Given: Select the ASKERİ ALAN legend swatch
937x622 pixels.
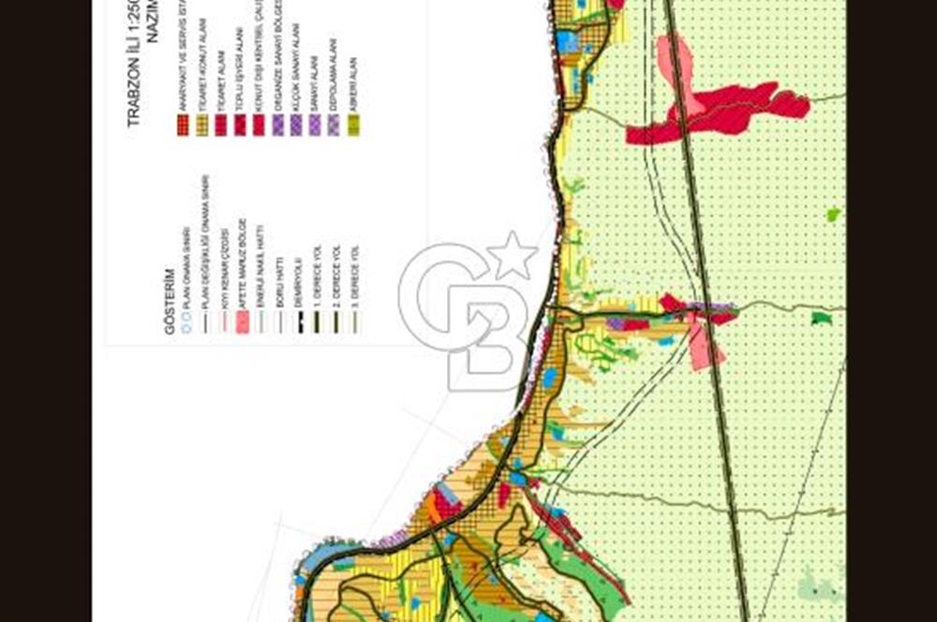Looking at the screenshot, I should (353, 126).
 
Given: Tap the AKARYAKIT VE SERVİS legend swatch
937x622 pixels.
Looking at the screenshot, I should (184, 126).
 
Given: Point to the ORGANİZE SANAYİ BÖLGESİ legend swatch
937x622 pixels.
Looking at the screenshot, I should (278, 126).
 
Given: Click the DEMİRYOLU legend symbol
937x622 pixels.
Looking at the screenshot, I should (299, 321).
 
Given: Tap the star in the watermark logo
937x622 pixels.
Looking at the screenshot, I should (513, 255).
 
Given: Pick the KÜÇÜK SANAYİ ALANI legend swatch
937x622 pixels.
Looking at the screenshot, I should (297, 126).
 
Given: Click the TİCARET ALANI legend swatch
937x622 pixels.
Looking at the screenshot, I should (221, 126).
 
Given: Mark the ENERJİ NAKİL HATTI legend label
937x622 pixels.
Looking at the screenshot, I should (261, 271).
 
